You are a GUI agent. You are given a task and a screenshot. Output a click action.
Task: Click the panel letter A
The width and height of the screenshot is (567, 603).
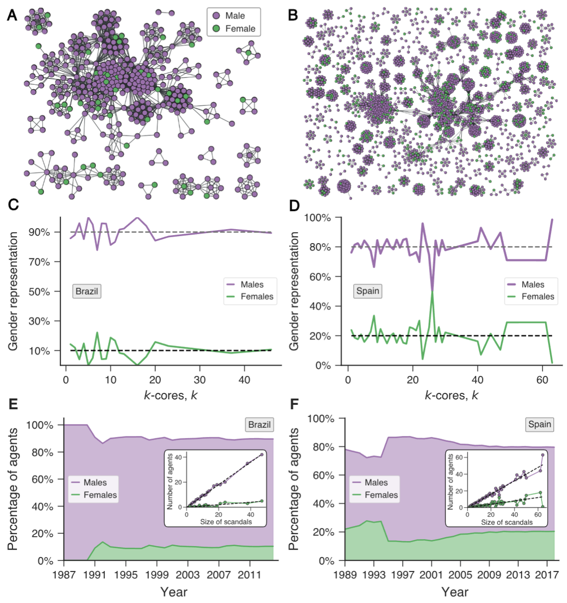click(x=12, y=15)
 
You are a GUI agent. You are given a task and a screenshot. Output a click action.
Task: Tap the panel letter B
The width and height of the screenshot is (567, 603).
click(x=293, y=15)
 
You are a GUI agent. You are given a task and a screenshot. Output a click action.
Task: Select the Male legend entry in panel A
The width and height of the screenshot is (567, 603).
click(x=234, y=16)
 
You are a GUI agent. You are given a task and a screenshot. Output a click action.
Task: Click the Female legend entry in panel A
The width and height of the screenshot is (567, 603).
click(x=240, y=29)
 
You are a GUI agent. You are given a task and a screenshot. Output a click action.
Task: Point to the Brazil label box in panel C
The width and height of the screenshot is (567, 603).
click(x=87, y=291)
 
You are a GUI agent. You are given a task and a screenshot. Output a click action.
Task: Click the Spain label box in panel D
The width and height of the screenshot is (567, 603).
click(x=368, y=291)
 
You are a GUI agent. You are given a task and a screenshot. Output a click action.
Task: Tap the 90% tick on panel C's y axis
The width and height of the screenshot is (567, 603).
click(x=39, y=232)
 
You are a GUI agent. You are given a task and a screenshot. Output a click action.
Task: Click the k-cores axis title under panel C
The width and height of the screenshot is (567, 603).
click(x=170, y=395)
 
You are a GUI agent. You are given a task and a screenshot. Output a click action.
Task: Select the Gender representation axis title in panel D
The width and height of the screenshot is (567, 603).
click(x=294, y=291)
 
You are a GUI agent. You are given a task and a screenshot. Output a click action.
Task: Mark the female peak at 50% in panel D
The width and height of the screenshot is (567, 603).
click(x=432, y=292)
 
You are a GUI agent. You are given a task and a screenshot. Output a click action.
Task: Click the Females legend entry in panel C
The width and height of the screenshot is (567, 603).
click(x=256, y=297)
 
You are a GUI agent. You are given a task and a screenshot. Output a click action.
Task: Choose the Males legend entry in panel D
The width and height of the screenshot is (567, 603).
click(x=533, y=285)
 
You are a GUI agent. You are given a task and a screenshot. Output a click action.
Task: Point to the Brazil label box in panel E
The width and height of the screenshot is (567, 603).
click(x=259, y=425)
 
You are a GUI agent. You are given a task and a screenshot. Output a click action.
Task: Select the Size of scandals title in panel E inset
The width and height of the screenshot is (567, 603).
click(x=226, y=522)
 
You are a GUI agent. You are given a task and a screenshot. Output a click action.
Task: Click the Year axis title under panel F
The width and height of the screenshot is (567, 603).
click(x=455, y=592)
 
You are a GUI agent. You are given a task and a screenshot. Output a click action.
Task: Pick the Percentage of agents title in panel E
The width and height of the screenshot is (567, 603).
click(x=13, y=489)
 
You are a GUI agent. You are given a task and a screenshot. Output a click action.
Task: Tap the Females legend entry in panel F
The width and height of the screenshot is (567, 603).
click(x=381, y=495)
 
